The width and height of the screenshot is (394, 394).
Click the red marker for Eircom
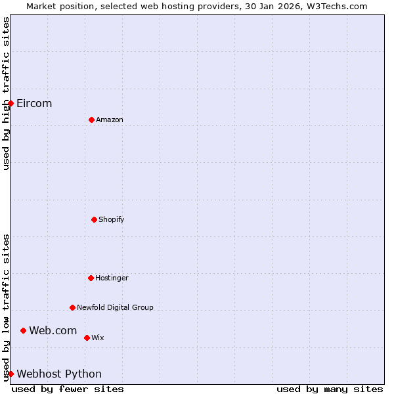click(x=11, y=103)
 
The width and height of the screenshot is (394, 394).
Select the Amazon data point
click(x=91, y=120)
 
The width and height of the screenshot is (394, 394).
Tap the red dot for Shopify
click(x=94, y=219)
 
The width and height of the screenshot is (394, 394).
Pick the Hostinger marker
click(x=91, y=278)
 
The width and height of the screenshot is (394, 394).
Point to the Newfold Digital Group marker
click(x=72, y=307)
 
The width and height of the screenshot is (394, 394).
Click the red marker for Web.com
click(x=23, y=330)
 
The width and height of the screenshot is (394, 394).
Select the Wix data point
click(x=87, y=338)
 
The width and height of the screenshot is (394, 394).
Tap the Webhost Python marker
click(x=11, y=374)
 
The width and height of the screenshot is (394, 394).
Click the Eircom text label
click(x=34, y=103)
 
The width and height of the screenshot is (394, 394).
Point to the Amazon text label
click(x=110, y=120)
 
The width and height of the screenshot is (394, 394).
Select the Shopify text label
click(x=112, y=219)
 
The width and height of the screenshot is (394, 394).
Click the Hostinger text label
click(x=112, y=278)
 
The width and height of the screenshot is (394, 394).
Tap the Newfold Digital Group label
click(x=115, y=307)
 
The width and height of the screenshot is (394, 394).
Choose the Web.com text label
click(x=53, y=330)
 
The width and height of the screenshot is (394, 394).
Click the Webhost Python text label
click(x=59, y=374)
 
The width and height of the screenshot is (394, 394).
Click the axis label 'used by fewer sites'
click(x=68, y=389)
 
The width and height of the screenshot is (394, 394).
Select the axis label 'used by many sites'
click(x=330, y=389)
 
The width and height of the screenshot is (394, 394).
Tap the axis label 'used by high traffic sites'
click(x=6, y=93)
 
